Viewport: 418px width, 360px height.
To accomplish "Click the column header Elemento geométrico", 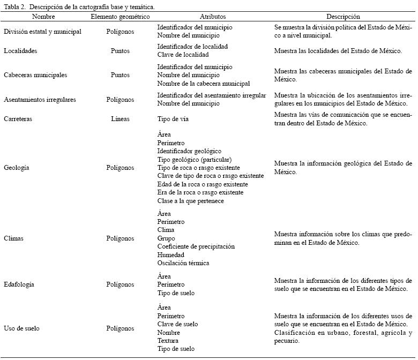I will pos(120,17).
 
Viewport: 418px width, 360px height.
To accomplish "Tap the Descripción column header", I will pos(344,17).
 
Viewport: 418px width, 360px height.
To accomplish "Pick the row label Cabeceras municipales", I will pos(35,76).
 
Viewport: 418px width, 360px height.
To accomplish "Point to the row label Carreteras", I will pos(18,119).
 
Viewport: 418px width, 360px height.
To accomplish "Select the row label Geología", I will pos(16,168).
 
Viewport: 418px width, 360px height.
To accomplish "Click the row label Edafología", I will pos(19,284).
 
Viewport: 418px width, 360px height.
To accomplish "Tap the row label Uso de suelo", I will pos(21,328).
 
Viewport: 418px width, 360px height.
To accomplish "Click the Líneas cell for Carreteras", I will pos(120,119).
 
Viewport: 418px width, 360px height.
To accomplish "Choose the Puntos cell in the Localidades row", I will pos(120,51).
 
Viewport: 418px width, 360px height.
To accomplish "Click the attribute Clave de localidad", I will pos(183,55).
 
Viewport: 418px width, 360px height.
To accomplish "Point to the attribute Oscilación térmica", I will pos(183,263).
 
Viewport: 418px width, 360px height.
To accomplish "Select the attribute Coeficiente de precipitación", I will pos(196,246).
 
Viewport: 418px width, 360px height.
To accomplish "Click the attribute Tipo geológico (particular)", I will pos(195,160).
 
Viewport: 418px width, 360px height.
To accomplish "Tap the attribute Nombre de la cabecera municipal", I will pos(204,84).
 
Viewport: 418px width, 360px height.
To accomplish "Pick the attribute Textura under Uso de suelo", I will pos(168,341).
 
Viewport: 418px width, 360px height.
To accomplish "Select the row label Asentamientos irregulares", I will pos(40,100).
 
